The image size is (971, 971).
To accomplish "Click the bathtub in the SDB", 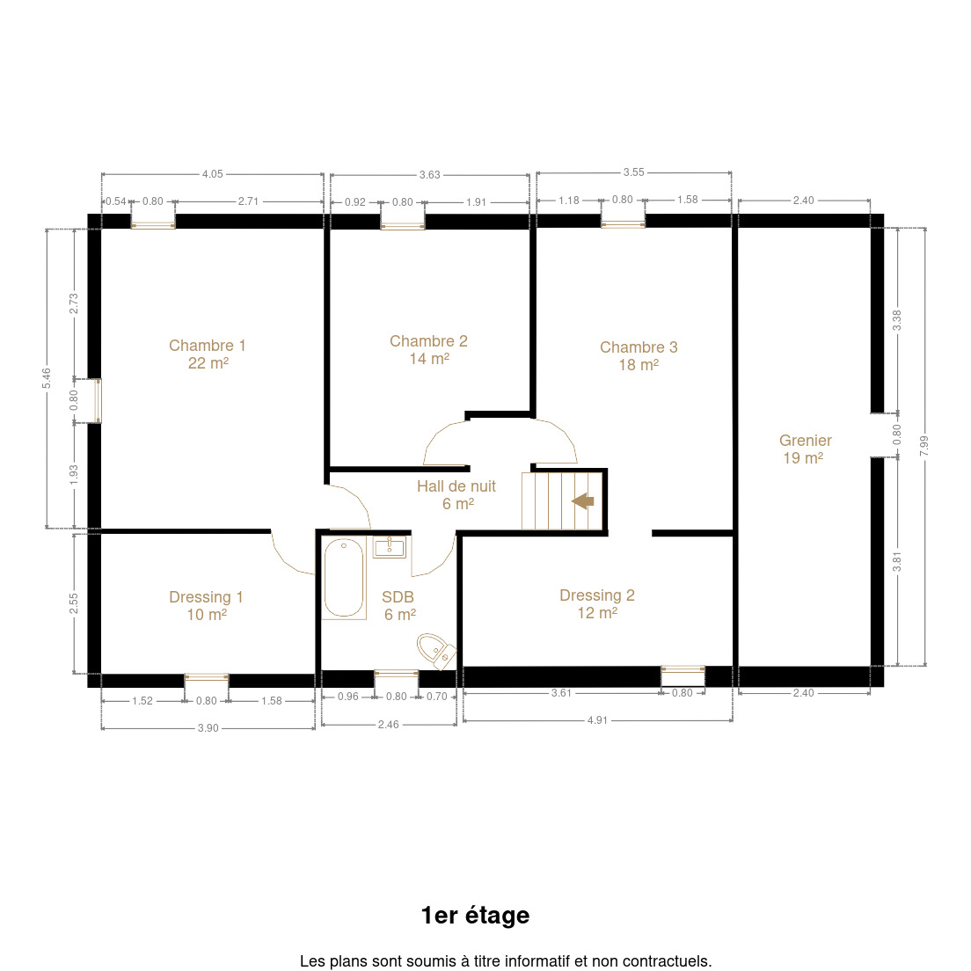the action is click(x=344, y=577).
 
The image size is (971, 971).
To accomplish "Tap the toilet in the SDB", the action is click(x=436, y=650).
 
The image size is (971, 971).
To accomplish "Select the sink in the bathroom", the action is click(x=390, y=547).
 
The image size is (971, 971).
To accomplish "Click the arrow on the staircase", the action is click(x=583, y=500).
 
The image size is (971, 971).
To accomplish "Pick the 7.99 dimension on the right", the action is click(x=924, y=446).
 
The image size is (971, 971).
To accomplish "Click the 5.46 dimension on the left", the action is click(x=47, y=378).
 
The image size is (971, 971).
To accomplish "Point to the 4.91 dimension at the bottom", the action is click(x=597, y=720).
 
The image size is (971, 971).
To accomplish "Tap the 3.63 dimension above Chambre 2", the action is click(x=430, y=175).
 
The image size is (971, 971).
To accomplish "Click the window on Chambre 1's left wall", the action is click(x=98, y=401).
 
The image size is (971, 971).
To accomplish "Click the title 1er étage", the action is click(x=476, y=916).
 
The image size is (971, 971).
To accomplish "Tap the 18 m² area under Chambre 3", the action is click(x=639, y=365).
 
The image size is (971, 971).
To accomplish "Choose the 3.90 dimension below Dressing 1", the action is click(x=208, y=728).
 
